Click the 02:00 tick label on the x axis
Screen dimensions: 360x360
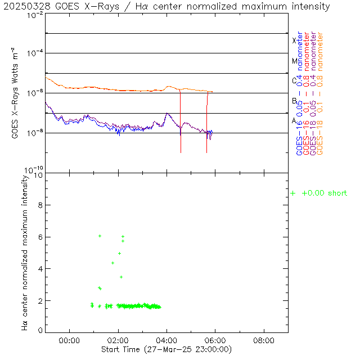[118, 340]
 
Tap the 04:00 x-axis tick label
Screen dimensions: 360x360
[167, 340]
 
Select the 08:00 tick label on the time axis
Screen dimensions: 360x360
[264, 340]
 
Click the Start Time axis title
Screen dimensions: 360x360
[166, 349]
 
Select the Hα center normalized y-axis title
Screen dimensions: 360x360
[24, 251]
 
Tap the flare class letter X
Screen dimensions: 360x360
[294, 40]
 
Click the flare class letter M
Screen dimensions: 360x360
[294, 61]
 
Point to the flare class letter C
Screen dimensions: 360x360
[294, 80]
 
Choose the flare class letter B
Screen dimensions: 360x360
[294, 101]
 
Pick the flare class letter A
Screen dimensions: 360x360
[294, 120]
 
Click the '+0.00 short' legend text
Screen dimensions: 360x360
[325, 193]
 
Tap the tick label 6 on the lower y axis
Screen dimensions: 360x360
[40, 237]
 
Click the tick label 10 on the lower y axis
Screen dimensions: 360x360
[38, 175]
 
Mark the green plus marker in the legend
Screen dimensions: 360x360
[292, 193]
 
